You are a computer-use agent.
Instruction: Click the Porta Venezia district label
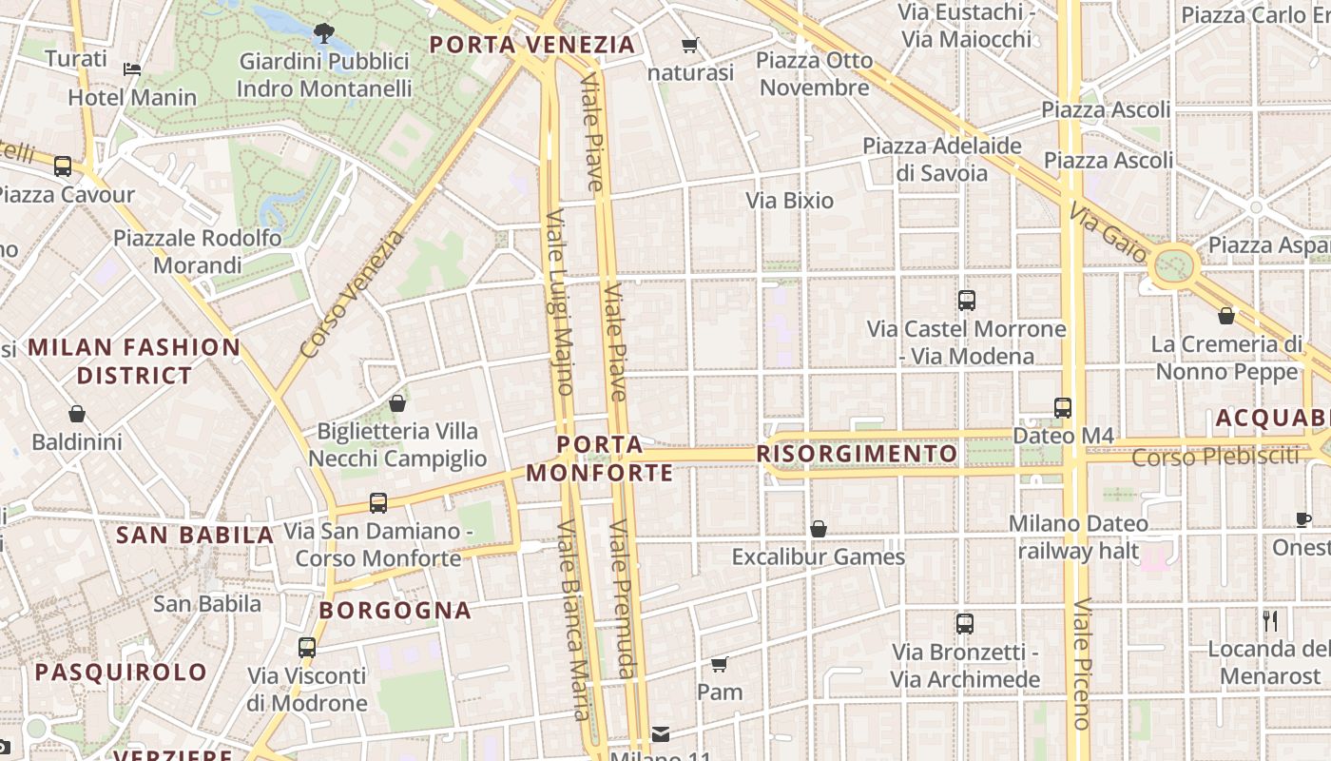tap(531, 45)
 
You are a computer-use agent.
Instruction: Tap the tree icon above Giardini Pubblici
tap(324, 33)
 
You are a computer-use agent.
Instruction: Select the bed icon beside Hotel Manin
tap(132, 69)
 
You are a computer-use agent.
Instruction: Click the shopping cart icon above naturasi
tap(690, 46)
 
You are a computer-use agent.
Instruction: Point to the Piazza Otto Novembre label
tap(814, 74)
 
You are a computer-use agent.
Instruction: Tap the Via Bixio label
tap(789, 201)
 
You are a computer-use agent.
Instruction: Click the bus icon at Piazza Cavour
tap(63, 166)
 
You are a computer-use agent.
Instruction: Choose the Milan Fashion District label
tap(134, 361)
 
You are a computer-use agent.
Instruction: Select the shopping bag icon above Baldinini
tap(77, 414)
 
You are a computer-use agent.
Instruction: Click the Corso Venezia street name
tap(351, 295)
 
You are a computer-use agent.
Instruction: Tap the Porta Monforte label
tap(599, 459)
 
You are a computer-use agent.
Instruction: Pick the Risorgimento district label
tap(857, 454)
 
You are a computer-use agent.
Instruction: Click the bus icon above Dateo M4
tap(1063, 407)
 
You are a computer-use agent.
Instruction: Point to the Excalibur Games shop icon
tap(818, 529)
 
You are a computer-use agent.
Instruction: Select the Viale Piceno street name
tap(1081, 662)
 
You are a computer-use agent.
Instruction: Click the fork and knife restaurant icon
tap(1270, 621)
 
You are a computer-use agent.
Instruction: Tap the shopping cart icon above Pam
tap(720, 663)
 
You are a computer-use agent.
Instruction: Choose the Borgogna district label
tap(395, 610)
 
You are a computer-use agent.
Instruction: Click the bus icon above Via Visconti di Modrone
tap(306, 647)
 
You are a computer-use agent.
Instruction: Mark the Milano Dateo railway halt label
tap(1078, 537)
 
